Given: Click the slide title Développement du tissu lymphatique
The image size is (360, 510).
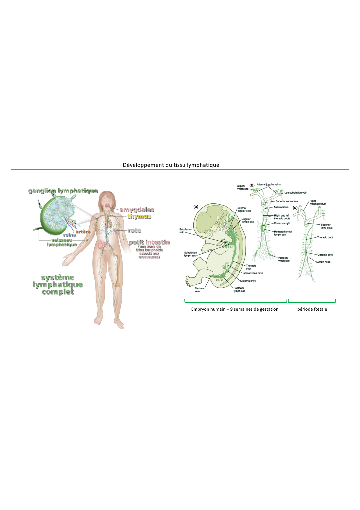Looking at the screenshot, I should [171, 165].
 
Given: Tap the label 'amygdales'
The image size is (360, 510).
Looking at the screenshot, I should [137, 210].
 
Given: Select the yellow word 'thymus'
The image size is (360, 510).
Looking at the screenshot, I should [139, 216].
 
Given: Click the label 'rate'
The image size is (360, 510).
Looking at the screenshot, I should [135, 230].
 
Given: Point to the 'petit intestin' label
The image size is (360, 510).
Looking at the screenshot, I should [149, 242].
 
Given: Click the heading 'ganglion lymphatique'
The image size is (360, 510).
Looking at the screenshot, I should [63, 191].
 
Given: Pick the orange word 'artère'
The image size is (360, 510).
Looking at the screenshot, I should [83, 232].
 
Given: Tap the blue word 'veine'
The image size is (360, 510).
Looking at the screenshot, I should [69, 235].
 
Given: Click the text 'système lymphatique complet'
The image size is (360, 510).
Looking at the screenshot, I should [58, 284].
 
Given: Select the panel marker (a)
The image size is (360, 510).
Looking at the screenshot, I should [196, 207].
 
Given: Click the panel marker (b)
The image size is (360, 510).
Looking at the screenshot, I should [252, 185].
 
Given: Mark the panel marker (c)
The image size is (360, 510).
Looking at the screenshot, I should [295, 207].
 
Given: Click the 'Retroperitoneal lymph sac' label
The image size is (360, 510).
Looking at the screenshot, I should [283, 233].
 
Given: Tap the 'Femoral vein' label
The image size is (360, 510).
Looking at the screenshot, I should [199, 290].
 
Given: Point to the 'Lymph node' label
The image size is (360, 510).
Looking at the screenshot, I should [323, 262].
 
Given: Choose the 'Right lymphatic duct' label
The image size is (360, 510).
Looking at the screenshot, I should [318, 202].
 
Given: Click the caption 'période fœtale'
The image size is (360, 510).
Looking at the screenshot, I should [312, 309].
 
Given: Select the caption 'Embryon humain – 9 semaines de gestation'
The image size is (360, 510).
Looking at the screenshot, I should [235, 309].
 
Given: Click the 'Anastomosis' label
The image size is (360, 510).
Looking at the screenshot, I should [281, 207].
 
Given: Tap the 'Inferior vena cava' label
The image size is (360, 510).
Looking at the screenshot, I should [253, 273].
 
